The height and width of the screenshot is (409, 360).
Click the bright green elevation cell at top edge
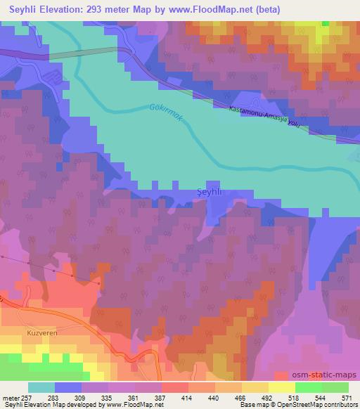pyautogui.click(x=325, y=23)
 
